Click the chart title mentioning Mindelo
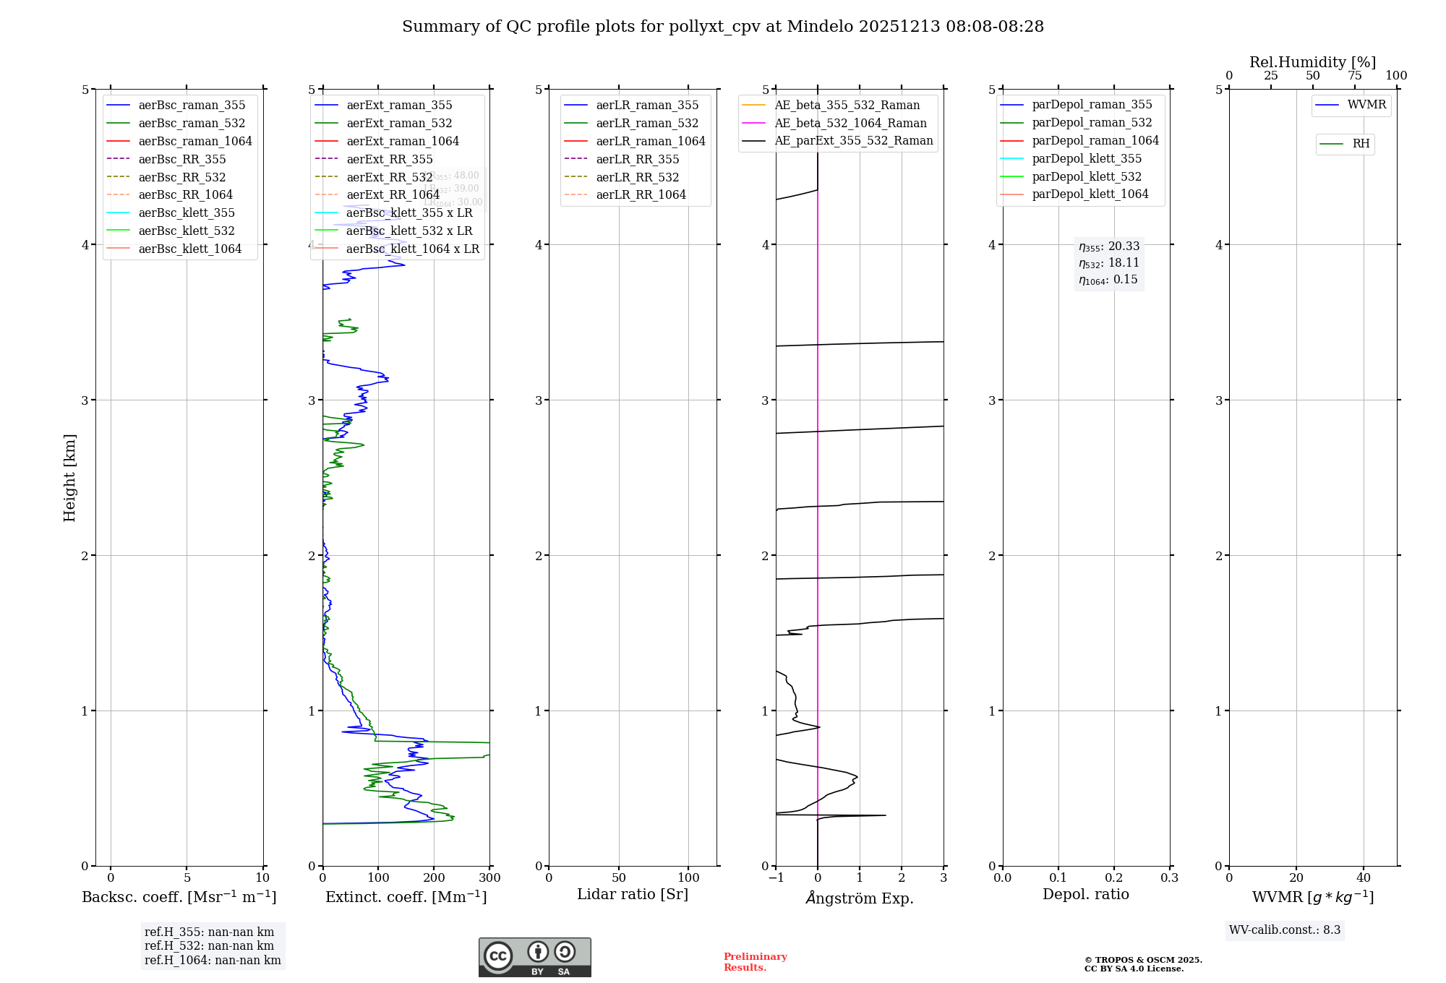(723, 27)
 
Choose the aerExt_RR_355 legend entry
(390, 159)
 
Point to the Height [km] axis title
(69, 477)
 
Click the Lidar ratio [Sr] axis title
(633, 894)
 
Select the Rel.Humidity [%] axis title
(1312, 62)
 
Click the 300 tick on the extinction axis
(490, 877)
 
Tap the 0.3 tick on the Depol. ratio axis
(1169, 877)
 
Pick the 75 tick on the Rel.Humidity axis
(1354, 76)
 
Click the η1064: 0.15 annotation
(1108, 280)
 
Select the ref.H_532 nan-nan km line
(209, 945)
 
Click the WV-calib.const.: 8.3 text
(1284, 930)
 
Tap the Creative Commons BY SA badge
(534, 957)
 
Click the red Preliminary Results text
(755, 961)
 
